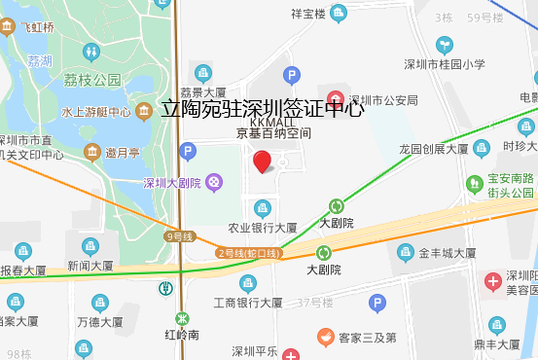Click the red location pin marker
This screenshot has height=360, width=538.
click(262, 162)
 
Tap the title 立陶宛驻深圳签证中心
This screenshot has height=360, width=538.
click(262, 108)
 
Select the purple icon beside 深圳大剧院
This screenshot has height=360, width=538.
click(212, 183)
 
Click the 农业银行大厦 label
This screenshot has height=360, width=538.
click(262, 228)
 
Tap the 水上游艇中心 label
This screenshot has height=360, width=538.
click(96, 112)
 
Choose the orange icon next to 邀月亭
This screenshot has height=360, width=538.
click(92, 152)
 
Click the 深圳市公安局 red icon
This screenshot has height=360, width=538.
click(335, 99)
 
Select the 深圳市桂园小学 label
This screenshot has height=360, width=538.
click(445, 65)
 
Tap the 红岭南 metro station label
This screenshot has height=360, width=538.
click(182, 334)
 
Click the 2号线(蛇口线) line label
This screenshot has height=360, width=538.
click(247, 253)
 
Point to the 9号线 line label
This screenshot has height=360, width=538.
click(180, 236)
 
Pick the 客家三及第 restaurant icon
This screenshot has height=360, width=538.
click(324, 338)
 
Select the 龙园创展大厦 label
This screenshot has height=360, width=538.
click(435, 149)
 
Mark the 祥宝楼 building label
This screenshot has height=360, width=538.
click(307, 13)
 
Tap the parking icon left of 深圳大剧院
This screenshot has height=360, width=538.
click(188, 151)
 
